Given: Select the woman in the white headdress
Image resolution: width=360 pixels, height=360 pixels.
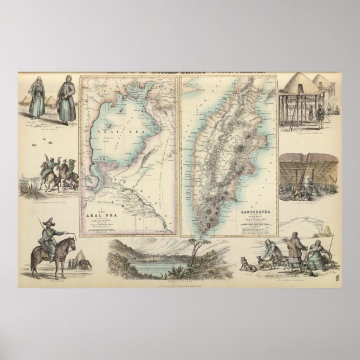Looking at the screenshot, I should coord(39,97).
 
